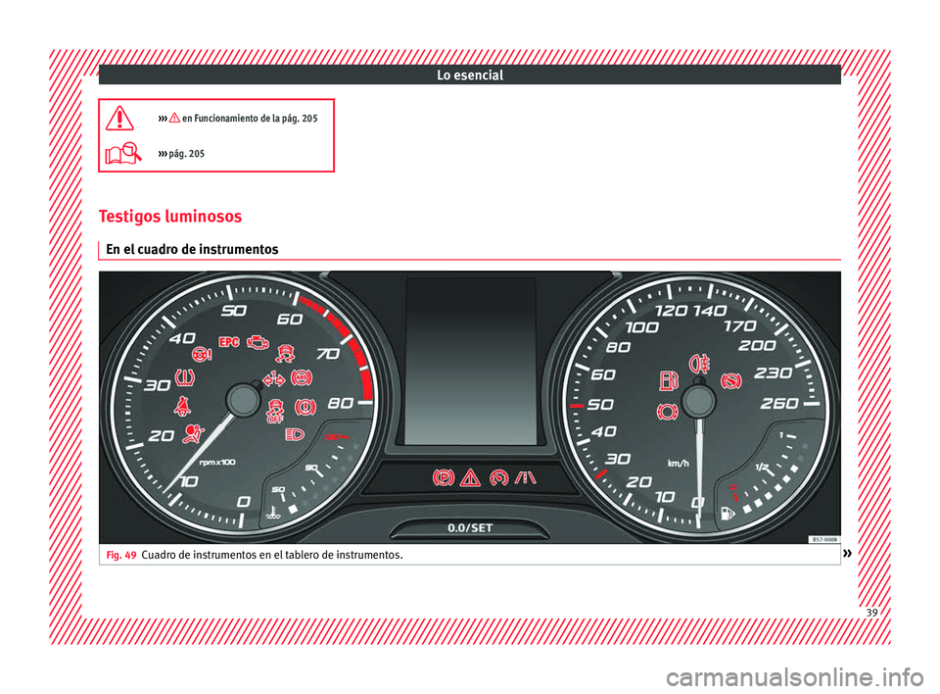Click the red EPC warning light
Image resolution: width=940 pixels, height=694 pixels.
[x=229, y=341]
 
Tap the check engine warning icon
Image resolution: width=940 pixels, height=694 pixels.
[x=258, y=343]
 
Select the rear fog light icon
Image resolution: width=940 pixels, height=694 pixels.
[x=699, y=364]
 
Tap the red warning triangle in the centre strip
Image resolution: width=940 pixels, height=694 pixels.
[x=470, y=478]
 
